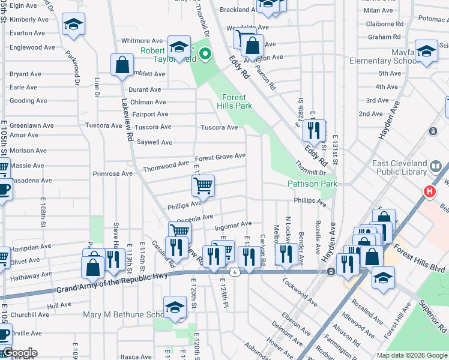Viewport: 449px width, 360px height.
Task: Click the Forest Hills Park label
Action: (x=237, y=101)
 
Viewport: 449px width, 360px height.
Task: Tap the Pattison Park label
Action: (x=312, y=184)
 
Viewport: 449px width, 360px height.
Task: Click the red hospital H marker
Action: (x=430, y=192)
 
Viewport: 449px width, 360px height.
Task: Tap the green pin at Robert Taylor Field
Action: (x=205, y=55)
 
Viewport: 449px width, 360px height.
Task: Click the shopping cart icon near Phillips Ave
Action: (x=203, y=185)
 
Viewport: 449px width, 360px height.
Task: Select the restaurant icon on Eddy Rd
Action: (x=314, y=130)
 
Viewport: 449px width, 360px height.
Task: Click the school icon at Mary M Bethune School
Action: (x=175, y=307)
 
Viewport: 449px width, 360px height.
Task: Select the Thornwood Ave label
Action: (x=166, y=164)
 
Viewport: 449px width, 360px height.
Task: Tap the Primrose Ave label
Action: (x=113, y=174)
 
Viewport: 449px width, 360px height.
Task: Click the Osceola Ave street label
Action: (x=199, y=217)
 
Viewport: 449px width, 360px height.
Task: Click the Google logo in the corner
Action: (x=19, y=353)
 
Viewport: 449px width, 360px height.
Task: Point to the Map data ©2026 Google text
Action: (x=411, y=355)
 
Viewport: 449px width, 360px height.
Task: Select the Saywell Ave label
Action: (x=154, y=142)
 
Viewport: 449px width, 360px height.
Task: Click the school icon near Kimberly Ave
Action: (x=74, y=25)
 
